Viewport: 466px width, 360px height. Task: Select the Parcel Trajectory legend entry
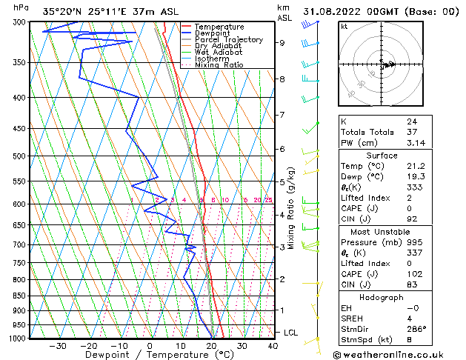click(x=228, y=40)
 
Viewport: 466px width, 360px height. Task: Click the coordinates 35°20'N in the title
click(x=61, y=12)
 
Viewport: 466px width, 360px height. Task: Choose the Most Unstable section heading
click(x=382, y=231)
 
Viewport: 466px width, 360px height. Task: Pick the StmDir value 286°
click(x=416, y=329)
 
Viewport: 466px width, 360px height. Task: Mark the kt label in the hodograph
click(x=344, y=26)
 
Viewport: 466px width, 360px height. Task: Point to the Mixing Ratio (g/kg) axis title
click(x=291, y=207)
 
